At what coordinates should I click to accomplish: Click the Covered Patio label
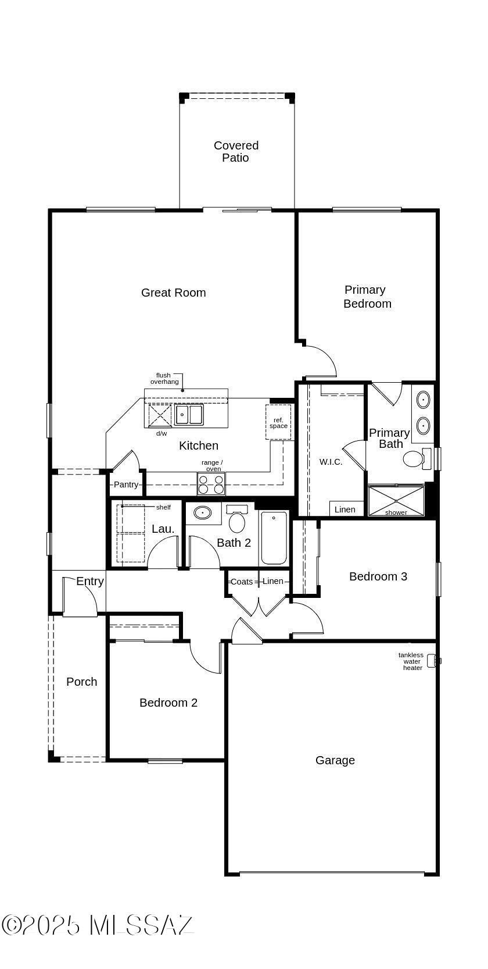click(x=236, y=151)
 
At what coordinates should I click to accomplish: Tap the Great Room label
click(x=173, y=293)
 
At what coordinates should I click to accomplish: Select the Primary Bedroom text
click(x=367, y=296)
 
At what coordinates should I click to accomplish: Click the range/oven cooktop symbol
click(x=211, y=484)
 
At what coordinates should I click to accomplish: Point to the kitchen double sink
click(x=189, y=415)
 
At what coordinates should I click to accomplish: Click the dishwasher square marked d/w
click(x=160, y=415)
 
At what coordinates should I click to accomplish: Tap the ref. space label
click(x=278, y=423)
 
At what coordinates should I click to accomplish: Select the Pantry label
click(x=126, y=484)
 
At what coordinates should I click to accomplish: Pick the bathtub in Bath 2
click(x=274, y=537)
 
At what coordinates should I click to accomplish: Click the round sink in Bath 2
click(x=202, y=512)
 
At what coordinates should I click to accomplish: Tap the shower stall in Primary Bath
click(x=396, y=501)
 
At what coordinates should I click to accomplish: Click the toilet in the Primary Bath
click(x=417, y=458)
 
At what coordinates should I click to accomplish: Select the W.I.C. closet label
click(x=331, y=462)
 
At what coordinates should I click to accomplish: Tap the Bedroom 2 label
click(x=168, y=703)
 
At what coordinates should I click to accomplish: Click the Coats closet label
click(x=242, y=582)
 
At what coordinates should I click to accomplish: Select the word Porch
click(x=82, y=682)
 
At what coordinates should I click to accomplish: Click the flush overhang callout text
click(x=164, y=379)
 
